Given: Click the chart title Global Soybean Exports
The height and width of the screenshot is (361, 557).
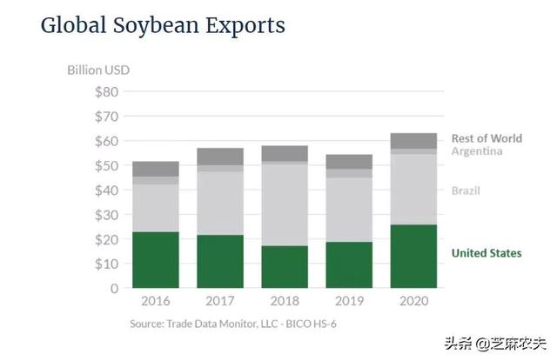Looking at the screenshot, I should [x=163, y=25].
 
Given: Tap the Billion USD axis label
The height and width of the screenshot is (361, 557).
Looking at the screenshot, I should [x=98, y=70].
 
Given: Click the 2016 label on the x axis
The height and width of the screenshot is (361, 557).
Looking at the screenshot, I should [x=156, y=302].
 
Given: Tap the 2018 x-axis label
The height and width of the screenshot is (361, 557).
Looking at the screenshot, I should [x=285, y=302].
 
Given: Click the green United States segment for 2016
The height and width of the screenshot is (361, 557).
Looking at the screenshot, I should [x=156, y=259].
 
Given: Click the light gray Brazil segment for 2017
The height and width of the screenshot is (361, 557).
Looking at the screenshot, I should [x=220, y=203].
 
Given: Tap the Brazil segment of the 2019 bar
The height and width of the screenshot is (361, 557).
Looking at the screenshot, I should [x=349, y=210].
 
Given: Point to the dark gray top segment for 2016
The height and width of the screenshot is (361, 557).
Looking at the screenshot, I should [x=156, y=169].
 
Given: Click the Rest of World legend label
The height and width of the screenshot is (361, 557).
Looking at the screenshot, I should [x=487, y=138].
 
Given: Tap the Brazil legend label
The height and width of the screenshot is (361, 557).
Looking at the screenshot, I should [x=466, y=190].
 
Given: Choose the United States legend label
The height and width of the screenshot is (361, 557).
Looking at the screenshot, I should [x=487, y=253].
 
